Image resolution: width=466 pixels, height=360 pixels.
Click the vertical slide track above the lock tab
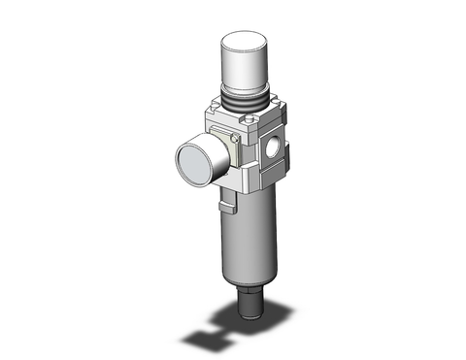(x=226, y=194)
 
